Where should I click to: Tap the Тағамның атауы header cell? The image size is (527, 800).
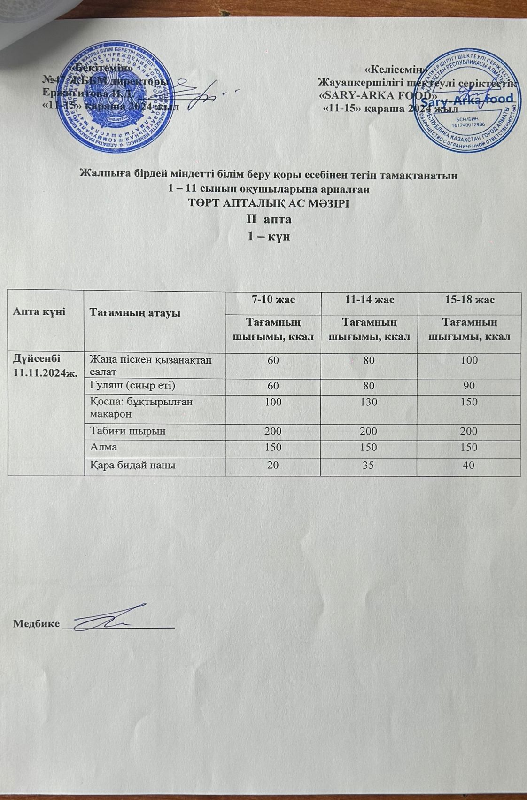(135, 312)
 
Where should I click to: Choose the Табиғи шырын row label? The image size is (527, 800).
(128, 431)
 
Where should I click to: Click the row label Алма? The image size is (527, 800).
(103, 447)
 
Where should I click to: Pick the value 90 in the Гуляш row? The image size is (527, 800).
(468, 386)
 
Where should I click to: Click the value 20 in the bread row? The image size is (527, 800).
(273, 465)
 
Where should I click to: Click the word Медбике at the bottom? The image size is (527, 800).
(37, 623)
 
